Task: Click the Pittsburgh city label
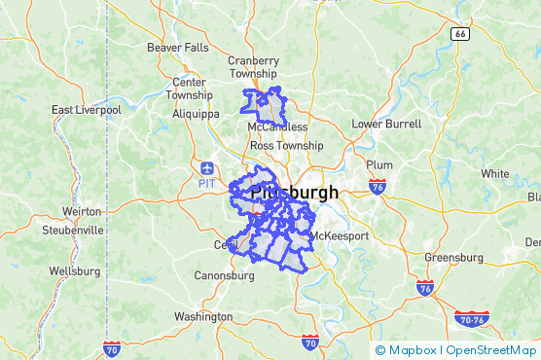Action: coord(294,193)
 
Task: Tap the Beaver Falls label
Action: coord(177,47)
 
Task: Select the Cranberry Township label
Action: coord(253,66)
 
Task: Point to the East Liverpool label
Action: coord(86,110)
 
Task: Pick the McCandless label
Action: coord(277,127)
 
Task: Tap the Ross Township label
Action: coord(286,145)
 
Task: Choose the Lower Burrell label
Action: coord(386,125)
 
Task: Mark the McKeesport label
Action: coord(339,235)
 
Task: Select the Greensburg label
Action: coord(453,258)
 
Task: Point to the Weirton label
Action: coord(82,211)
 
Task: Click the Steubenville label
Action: coord(73,231)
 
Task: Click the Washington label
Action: coord(203,316)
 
